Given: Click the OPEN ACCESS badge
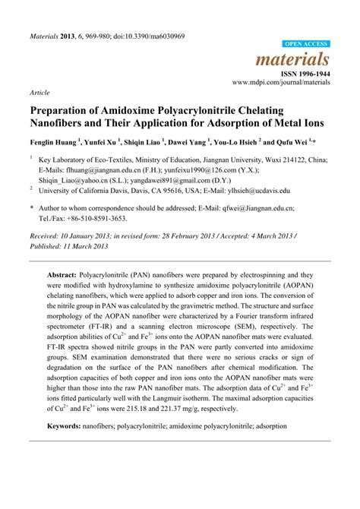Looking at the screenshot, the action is point(307,45).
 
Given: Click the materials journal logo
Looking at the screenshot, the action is point(303,58).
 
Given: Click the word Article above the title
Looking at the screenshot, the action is point(39,92).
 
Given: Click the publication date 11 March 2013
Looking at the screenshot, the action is point(87,246).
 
